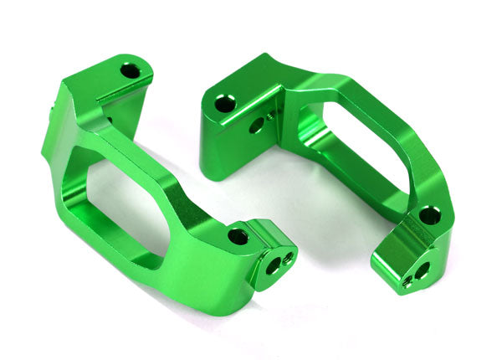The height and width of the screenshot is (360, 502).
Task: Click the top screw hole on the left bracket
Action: tap(130, 71)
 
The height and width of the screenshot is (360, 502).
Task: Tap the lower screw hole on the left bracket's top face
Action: tap(238, 236)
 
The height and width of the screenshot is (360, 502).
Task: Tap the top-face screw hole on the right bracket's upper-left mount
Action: tap(224, 104)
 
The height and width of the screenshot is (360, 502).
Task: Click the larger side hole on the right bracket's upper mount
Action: tap(256, 126)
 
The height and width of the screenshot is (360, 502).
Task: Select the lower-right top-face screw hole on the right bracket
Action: tap(428, 215)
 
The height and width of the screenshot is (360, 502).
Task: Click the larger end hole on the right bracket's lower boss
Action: tap(421, 270)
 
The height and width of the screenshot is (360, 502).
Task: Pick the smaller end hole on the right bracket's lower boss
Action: tap(407, 282)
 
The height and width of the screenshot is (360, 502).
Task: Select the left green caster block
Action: tap(159, 184)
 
